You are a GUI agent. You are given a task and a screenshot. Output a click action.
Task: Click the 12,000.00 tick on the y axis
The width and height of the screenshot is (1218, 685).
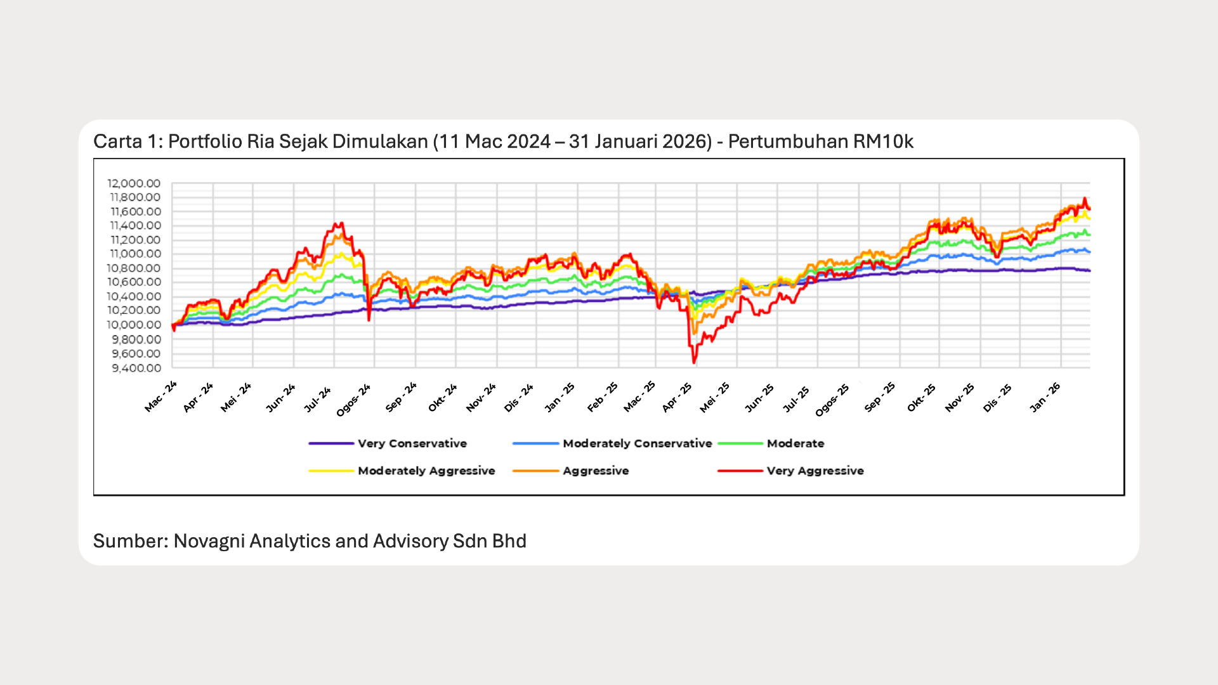pyautogui.click(x=134, y=183)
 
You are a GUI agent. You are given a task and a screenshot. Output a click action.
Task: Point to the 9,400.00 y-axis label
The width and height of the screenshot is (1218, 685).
pyautogui.click(x=136, y=369)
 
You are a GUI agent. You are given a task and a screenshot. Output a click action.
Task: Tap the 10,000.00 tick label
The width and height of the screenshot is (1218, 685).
pyautogui.click(x=134, y=325)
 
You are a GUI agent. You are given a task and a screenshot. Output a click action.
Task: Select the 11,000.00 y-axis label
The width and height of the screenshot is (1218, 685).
pyautogui.click(x=135, y=254)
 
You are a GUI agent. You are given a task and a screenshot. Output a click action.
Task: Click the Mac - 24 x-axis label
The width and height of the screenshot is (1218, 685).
pyautogui.click(x=160, y=397)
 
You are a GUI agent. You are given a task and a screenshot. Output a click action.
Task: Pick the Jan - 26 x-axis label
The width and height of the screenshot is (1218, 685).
pyautogui.click(x=1044, y=398)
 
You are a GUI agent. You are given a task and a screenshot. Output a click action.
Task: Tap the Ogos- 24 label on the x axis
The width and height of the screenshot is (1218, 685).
pyautogui.click(x=353, y=400)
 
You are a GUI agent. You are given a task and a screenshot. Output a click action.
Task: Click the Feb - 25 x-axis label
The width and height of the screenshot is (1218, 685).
pyautogui.click(x=602, y=397)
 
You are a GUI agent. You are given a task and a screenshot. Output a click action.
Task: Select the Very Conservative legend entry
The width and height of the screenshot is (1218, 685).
pyautogui.click(x=412, y=443)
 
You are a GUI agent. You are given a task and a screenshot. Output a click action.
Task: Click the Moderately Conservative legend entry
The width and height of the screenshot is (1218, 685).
pyautogui.click(x=637, y=443)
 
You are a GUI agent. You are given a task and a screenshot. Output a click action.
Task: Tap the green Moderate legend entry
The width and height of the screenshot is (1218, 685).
pyautogui.click(x=795, y=443)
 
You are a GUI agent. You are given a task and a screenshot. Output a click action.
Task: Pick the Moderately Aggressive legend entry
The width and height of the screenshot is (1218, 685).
pyautogui.click(x=426, y=471)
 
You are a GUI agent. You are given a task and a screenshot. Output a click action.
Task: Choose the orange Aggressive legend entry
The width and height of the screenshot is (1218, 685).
pyautogui.click(x=595, y=471)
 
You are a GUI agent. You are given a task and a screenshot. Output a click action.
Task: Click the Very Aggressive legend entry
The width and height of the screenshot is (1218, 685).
pyautogui.click(x=815, y=471)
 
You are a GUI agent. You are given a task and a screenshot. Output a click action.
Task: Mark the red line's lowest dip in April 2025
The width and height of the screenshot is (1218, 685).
pyautogui.click(x=694, y=363)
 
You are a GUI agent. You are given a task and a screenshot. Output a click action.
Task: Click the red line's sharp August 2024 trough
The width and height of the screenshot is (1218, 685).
pyautogui.click(x=369, y=320)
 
